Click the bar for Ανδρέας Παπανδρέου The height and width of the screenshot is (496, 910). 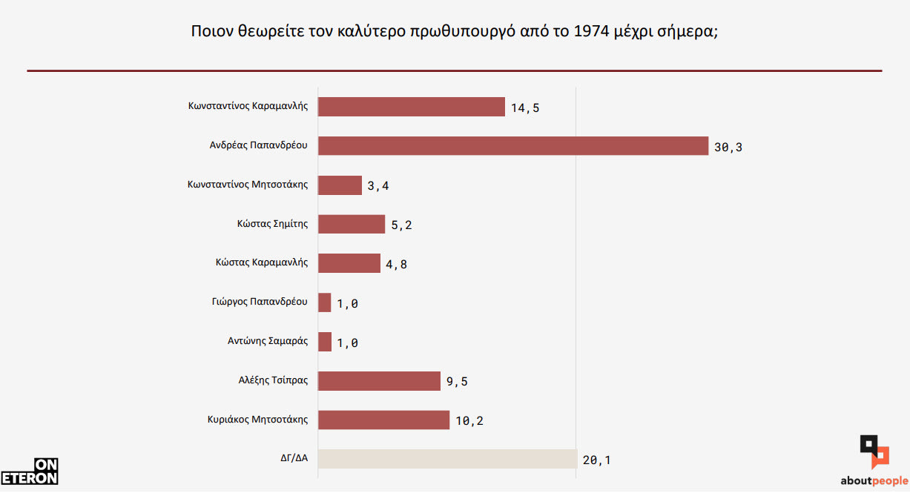pyautogui.click(x=513, y=145)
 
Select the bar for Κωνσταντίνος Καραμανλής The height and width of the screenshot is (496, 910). pyautogui.click(x=412, y=107)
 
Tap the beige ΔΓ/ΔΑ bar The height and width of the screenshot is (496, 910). pyautogui.click(x=447, y=459)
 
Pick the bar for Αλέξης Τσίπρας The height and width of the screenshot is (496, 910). pyautogui.click(x=379, y=381)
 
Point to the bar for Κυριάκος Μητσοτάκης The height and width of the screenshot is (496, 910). pyautogui.click(x=383, y=420)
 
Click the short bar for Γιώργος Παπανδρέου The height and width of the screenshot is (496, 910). pyautogui.click(x=325, y=302)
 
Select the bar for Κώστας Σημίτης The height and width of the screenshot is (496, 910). pyautogui.click(x=352, y=224)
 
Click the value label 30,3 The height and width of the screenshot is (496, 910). pyautogui.click(x=728, y=147)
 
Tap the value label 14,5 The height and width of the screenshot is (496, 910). pyautogui.click(x=525, y=108)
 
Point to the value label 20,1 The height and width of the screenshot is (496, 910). pyautogui.click(x=597, y=460)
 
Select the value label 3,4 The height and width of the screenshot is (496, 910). pyautogui.click(x=378, y=186)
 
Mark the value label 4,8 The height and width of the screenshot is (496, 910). pyautogui.click(x=396, y=265)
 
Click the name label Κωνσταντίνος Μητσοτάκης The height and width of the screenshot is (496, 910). pyautogui.click(x=248, y=185)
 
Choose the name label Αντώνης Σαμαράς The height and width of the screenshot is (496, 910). pyautogui.click(x=268, y=342)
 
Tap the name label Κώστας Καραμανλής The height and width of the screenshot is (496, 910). pyautogui.click(x=261, y=262)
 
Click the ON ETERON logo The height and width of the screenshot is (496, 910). pyautogui.click(x=30, y=472)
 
